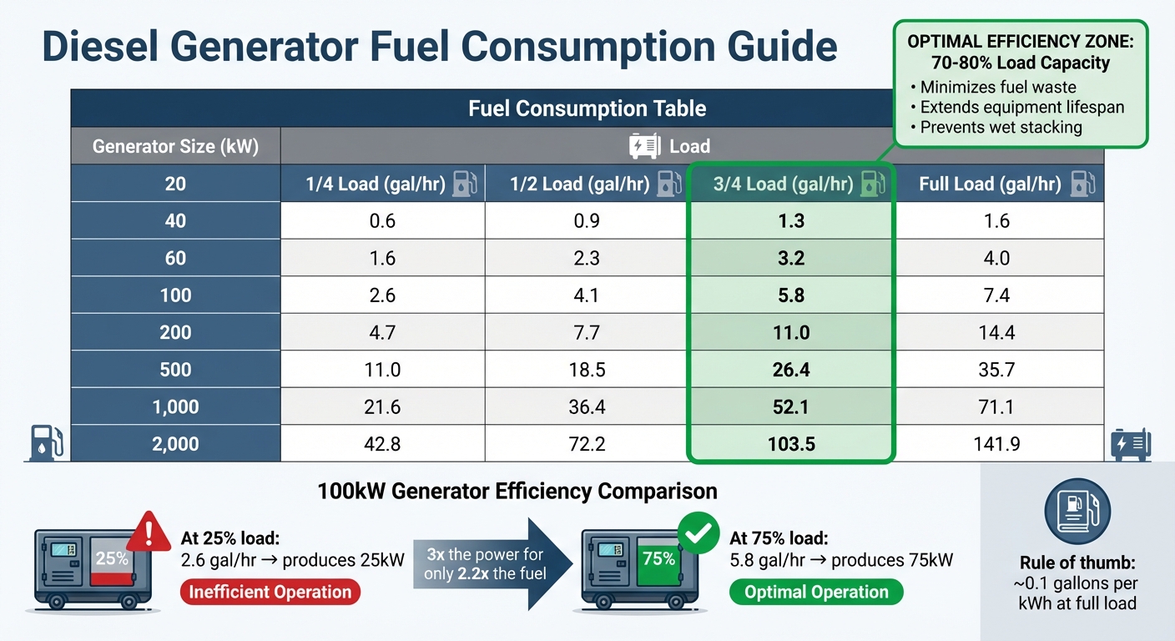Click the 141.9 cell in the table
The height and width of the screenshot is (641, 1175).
[x=996, y=443]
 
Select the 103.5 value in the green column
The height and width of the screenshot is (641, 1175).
[x=790, y=443]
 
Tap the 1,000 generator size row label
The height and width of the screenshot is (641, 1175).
[x=175, y=406]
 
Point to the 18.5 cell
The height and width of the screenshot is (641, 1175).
[x=587, y=369]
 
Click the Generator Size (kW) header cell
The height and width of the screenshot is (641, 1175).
[x=175, y=147]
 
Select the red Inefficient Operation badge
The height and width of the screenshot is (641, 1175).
[x=270, y=592]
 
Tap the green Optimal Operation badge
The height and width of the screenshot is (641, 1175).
[x=815, y=592]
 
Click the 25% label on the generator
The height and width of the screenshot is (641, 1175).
[x=111, y=558]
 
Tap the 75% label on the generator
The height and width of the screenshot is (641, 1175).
[x=658, y=558]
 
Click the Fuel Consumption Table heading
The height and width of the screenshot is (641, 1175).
[x=587, y=109]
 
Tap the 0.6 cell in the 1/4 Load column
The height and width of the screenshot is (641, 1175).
[x=382, y=221]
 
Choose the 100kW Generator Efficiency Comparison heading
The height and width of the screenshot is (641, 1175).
[x=517, y=491]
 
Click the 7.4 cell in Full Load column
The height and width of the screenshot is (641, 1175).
[x=996, y=295]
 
